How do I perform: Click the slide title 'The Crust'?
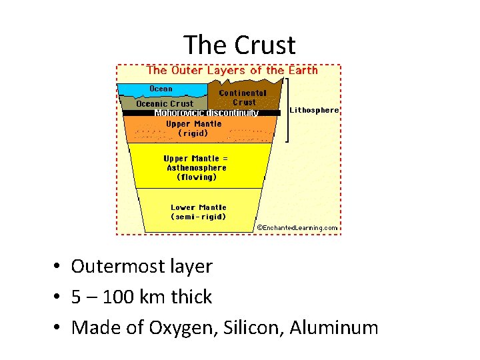tap(239, 45)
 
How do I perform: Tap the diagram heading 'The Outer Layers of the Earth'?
tap(232, 70)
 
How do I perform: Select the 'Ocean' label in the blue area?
tap(161, 89)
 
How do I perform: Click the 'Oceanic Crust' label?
tap(165, 103)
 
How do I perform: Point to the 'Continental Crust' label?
tap(243, 97)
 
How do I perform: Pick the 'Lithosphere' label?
tap(314, 110)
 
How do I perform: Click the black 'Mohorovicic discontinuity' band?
tap(207, 113)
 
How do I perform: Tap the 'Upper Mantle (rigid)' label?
tap(193, 128)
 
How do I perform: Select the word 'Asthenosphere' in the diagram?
tap(197, 168)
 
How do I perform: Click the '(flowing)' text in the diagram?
tap(197, 177)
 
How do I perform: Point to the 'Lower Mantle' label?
tap(199, 207)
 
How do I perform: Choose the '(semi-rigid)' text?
tap(199, 217)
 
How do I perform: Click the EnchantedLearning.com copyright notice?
tap(297, 228)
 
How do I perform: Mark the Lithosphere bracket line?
tap(287, 110)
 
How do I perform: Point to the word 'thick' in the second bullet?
tap(192, 297)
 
